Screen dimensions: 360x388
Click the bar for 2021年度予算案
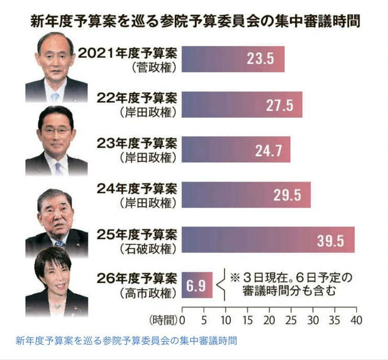(x=232, y=59)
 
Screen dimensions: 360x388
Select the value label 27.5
(x=279, y=105)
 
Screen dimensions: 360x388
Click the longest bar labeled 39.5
(x=268, y=240)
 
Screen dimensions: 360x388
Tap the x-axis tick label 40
(x=356, y=320)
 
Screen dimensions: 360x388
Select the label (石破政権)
(x=150, y=249)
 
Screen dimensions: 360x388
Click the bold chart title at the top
(x=194, y=22)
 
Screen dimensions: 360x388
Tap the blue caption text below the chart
(x=127, y=340)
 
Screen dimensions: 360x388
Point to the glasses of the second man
(x=57, y=131)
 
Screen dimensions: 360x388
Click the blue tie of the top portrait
(x=55, y=95)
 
